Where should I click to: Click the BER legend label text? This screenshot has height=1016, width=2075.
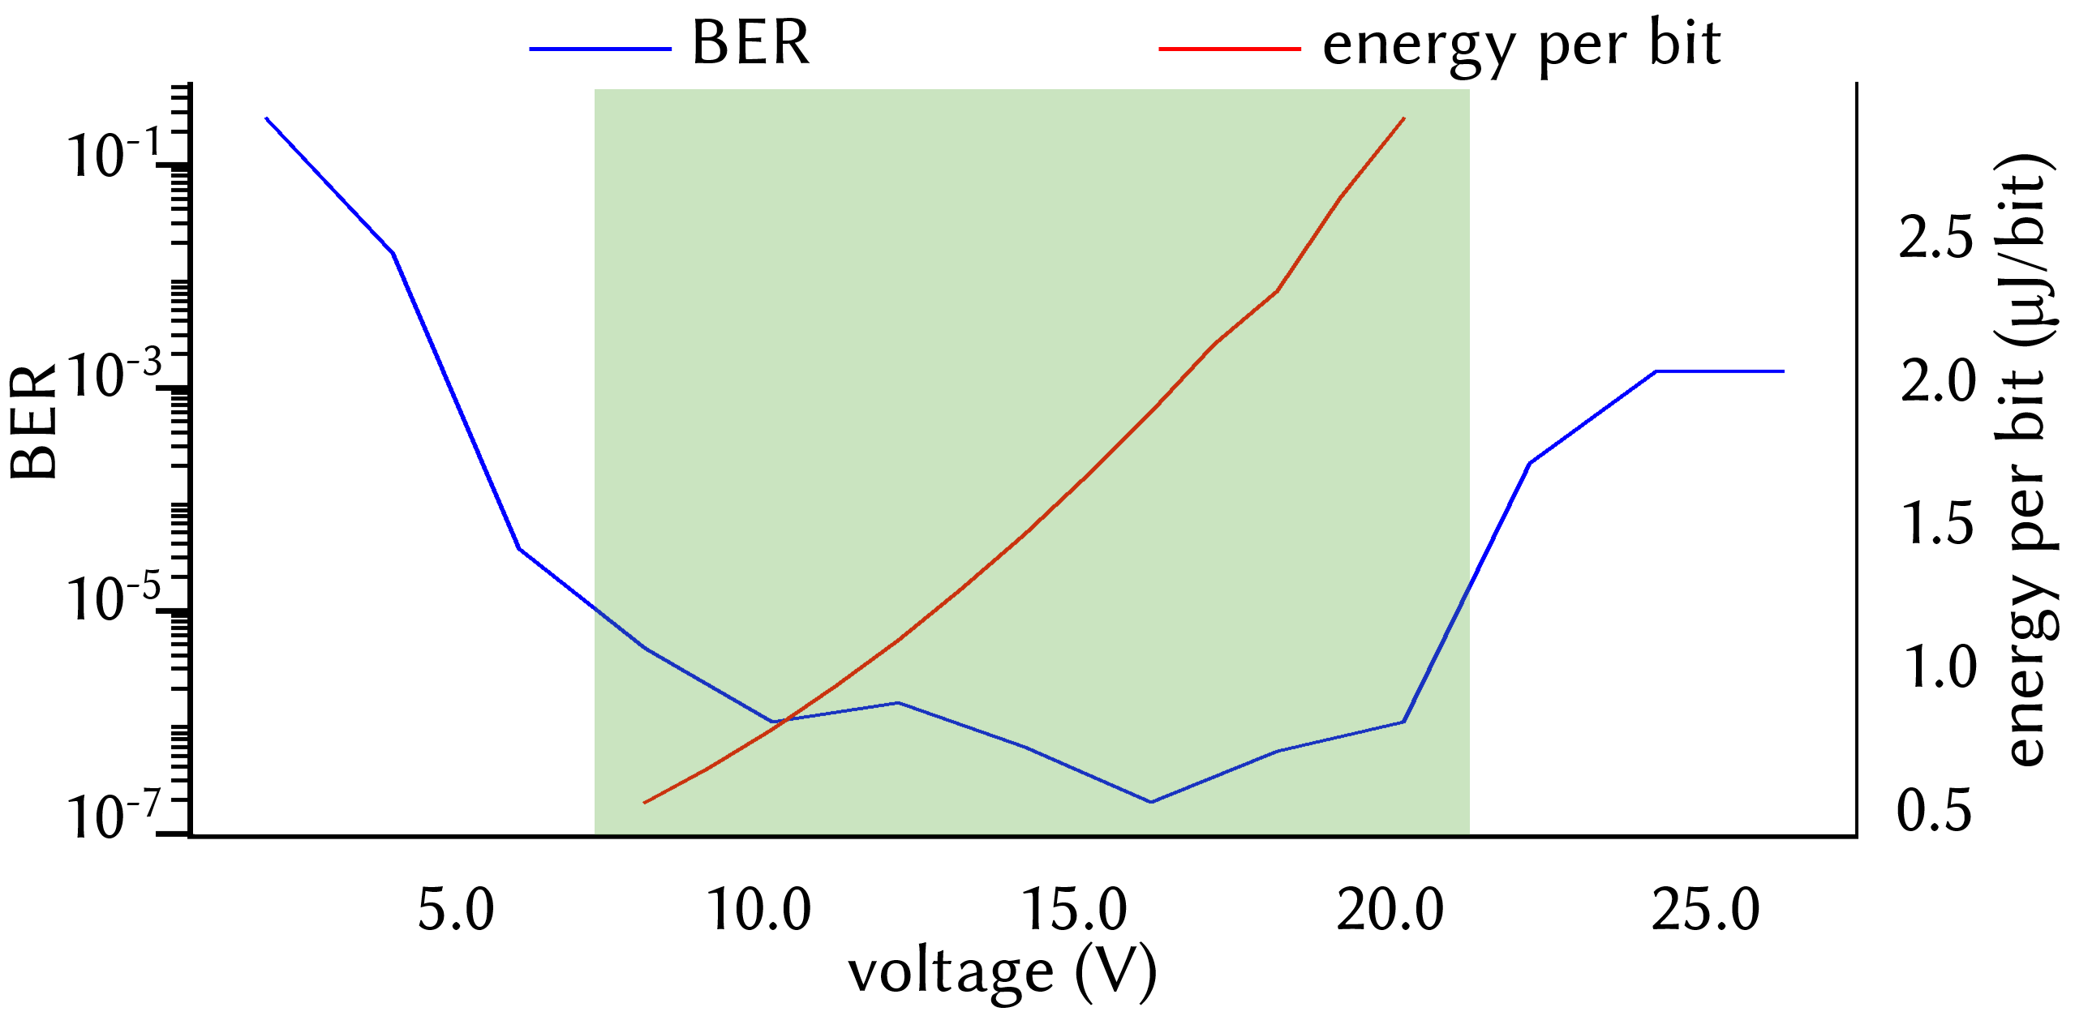[750, 43]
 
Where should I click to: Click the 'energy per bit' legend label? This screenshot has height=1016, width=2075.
[1521, 45]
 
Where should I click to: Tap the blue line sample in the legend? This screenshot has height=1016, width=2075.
[600, 49]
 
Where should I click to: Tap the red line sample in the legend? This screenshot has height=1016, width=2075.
[1229, 49]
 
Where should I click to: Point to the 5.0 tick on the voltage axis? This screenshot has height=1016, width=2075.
[456, 910]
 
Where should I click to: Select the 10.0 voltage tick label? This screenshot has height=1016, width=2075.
[759, 910]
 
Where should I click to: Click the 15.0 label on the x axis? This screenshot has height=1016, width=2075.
[1074, 910]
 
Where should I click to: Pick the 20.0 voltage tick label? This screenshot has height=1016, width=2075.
[1390, 910]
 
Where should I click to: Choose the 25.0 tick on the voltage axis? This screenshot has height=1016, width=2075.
[1705, 910]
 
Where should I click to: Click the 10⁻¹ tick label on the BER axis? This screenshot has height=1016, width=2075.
[114, 154]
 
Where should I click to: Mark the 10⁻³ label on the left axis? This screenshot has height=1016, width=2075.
[114, 375]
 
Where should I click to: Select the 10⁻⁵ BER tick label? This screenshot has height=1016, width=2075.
[114, 598]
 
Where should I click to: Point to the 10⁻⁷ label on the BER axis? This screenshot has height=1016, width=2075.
[114, 815]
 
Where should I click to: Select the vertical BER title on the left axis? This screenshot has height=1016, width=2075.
[34, 422]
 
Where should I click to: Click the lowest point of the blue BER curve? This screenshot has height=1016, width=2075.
[1150, 802]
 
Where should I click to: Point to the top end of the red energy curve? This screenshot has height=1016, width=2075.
[1403, 118]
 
